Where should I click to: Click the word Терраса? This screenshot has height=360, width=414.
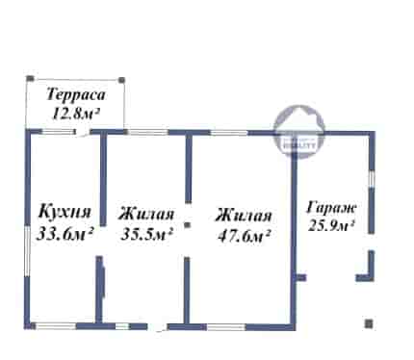click(x=76, y=95)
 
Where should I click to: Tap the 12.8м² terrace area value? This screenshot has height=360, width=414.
click(x=76, y=114)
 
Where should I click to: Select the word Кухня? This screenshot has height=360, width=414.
click(x=65, y=213)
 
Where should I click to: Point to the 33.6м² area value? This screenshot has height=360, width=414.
click(x=65, y=233)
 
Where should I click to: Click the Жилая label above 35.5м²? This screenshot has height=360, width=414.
click(x=146, y=214)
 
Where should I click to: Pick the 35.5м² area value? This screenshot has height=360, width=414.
click(x=147, y=234)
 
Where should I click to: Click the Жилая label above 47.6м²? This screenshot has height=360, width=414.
click(x=244, y=216)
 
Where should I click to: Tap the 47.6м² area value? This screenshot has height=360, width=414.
click(x=244, y=236)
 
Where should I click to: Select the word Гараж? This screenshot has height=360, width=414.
click(x=331, y=208)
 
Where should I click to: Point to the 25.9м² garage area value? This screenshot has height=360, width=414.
click(x=331, y=226)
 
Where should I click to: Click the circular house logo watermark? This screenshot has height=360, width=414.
click(x=298, y=131)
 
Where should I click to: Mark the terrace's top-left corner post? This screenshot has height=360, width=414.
click(x=30, y=78)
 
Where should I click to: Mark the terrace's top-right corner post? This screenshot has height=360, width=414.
click(x=121, y=80)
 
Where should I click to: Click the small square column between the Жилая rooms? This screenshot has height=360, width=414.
click(x=188, y=225)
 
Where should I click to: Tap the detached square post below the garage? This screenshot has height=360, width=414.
click(x=369, y=323)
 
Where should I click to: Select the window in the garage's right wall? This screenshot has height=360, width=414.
click(x=372, y=179)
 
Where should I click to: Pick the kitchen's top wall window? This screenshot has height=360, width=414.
click(x=58, y=132)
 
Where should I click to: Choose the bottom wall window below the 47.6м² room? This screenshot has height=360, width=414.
click(x=226, y=327)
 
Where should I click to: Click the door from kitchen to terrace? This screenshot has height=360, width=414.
click(x=83, y=132)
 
